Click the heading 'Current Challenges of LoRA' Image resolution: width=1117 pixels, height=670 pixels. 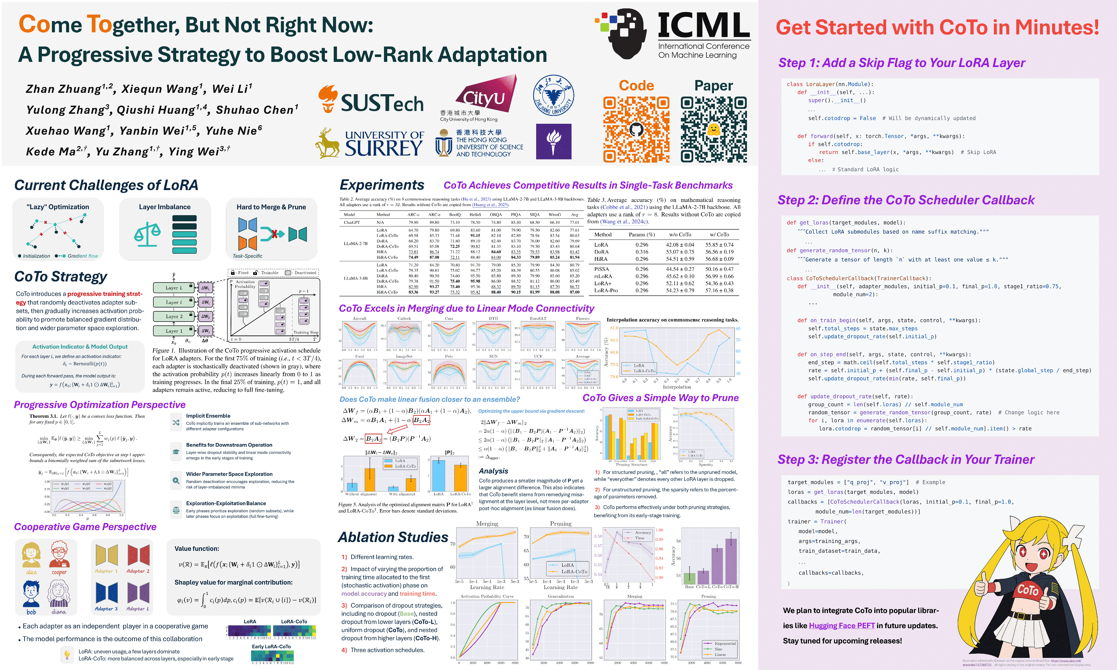coord(106,185)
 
